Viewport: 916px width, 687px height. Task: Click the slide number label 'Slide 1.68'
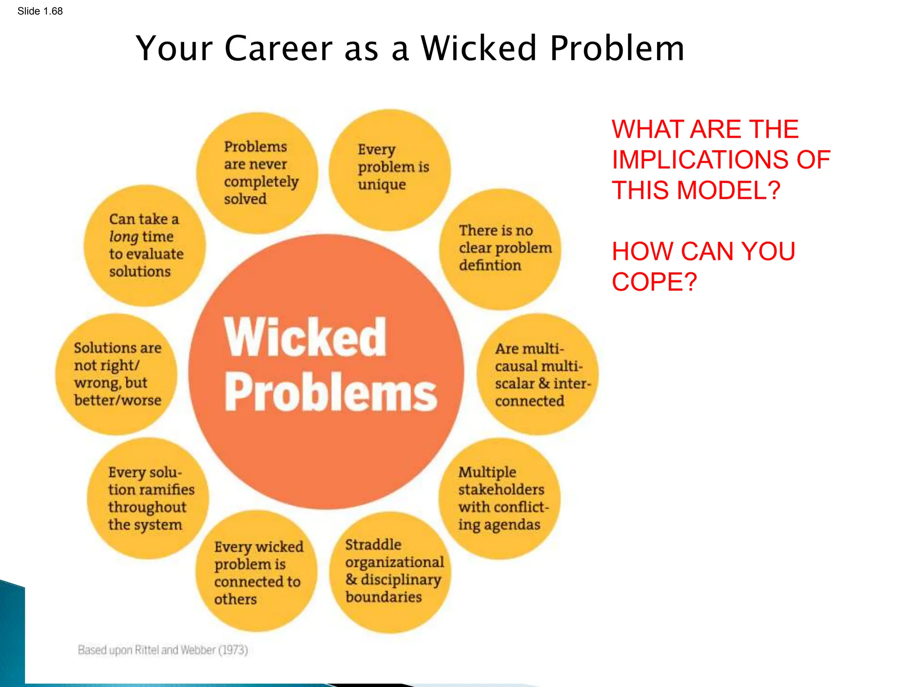pyautogui.click(x=40, y=11)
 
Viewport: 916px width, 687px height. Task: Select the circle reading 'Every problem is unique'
pyautogui.click(x=390, y=170)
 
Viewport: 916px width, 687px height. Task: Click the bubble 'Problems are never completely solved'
pyautogui.click(x=257, y=173)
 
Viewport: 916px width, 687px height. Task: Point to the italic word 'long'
pyautogui.click(x=123, y=237)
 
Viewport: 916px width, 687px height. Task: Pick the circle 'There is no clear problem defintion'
pyautogui.click(x=500, y=249)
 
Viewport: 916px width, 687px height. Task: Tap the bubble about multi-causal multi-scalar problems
pyautogui.click(x=537, y=374)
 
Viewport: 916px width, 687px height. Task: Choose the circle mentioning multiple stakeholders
pyautogui.click(x=500, y=498)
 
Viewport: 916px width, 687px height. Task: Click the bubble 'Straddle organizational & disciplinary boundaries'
pyautogui.click(x=390, y=572)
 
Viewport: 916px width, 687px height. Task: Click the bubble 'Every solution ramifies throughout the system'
pyautogui.click(x=148, y=498)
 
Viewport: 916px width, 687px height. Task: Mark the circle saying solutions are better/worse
pyautogui.click(x=116, y=374)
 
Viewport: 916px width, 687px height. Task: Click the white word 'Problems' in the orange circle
pyautogui.click(x=331, y=392)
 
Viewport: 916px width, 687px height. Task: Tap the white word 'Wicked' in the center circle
pyautogui.click(x=305, y=337)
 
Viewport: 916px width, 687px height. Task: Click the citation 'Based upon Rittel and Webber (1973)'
pyautogui.click(x=163, y=649)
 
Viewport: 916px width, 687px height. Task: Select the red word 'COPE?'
pyautogui.click(x=654, y=282)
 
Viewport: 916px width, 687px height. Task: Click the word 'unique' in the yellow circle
pyautogui.click(x=382, y=184)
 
